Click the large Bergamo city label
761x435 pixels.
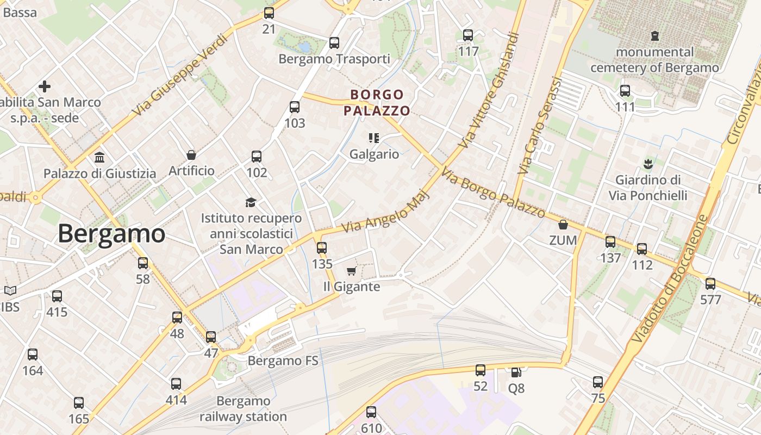(x=111, y=233)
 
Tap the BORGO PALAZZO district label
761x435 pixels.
(x=377, y=103)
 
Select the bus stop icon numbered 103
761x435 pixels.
(x=295, y=107)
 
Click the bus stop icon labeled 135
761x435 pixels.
(x=322, y=248)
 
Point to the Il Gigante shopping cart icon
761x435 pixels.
(x=351, y=271)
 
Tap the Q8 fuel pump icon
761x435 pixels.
(x=516, y=372)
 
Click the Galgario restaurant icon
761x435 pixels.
(x=373, y=138)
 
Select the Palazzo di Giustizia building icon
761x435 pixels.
(x=99, y=158)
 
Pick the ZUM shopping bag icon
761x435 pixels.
(x=563, y=225)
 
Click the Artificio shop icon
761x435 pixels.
(x=191, y=155)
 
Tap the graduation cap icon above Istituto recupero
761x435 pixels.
(x=251, y=202)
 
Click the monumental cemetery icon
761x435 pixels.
(x=655, y=36)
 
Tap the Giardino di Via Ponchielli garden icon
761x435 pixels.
(x=647, y=163)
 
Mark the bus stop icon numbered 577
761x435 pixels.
(x=710, y=284)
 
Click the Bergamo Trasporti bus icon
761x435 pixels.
(x=334, y=42)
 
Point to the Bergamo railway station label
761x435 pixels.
(x=243, y=409)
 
